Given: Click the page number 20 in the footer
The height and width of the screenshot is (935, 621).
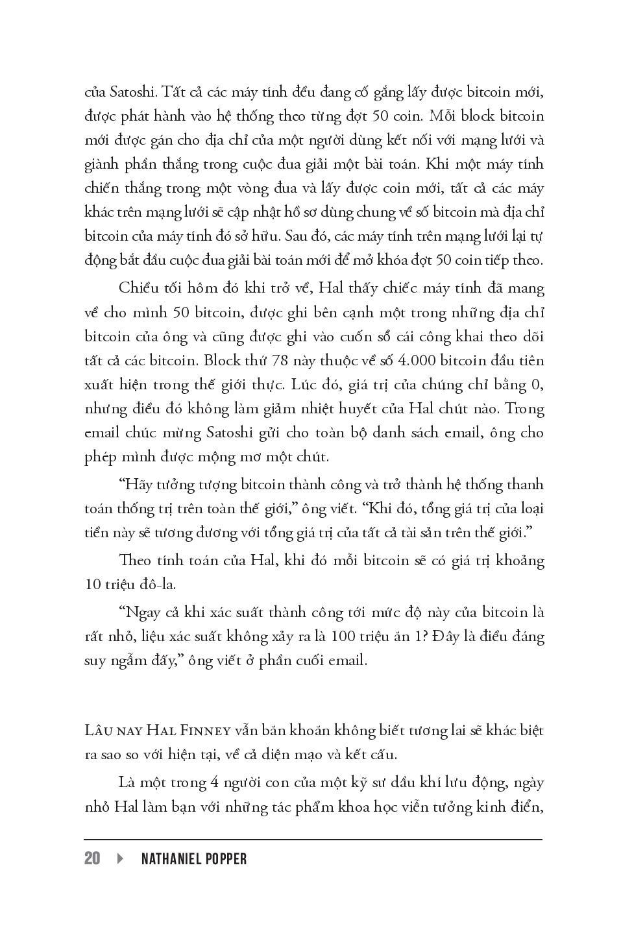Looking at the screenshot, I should [x=92, y=858].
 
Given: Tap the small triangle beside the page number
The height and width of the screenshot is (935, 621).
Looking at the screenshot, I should [x=120, y=858].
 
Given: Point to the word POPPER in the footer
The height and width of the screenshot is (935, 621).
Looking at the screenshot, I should [x=226, y=858].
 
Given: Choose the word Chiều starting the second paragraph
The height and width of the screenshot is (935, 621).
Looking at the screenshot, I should [x=139, y=288].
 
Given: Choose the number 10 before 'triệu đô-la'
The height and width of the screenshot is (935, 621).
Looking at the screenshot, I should [x=93, y=584].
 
